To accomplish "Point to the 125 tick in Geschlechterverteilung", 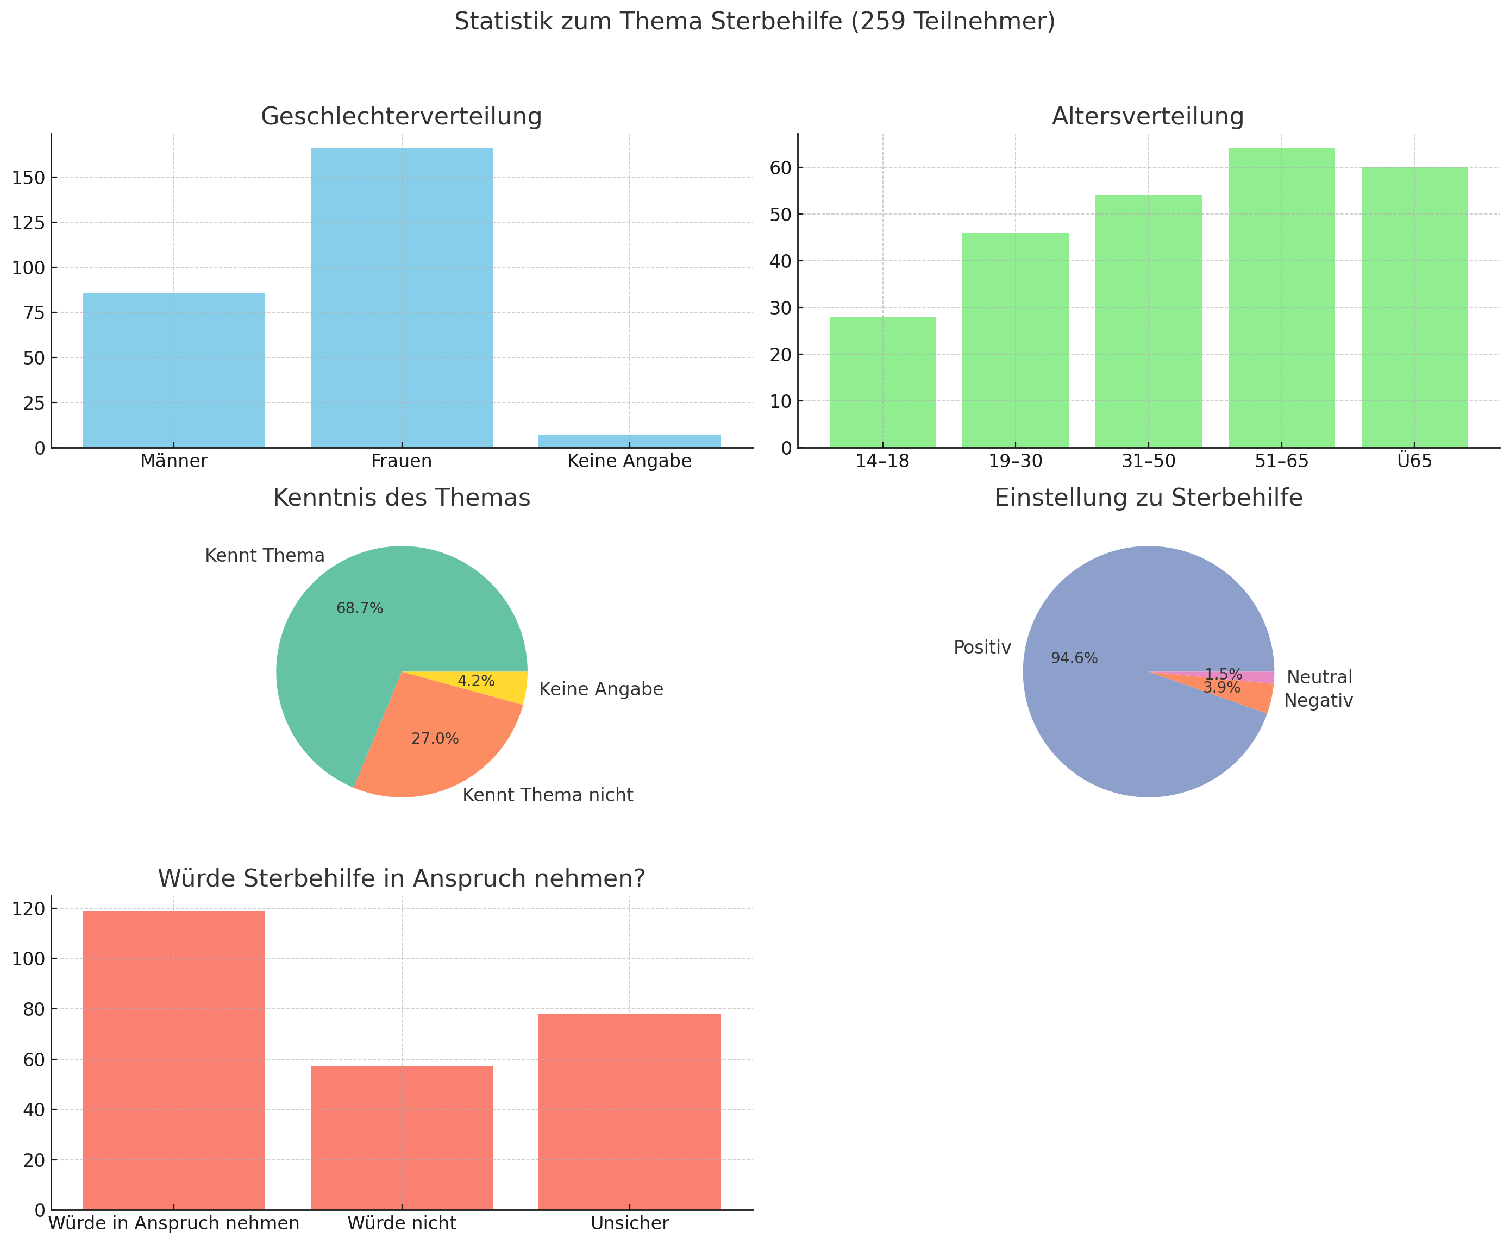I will [x=29, y=223].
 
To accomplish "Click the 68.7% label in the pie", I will [x=360, y=608].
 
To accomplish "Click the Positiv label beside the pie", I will [x=982, y=648].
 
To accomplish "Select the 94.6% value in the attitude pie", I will [x=1074, y=658].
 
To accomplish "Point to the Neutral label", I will [x=1319, y=677].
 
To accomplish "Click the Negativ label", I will [x=1318, y=701].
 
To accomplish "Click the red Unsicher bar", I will [x=629, y=1111].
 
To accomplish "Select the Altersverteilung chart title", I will [x=1148, y=116].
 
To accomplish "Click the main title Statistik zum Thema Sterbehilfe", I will [x=755, y=22].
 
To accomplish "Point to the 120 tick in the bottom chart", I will [x=29, y=909].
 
